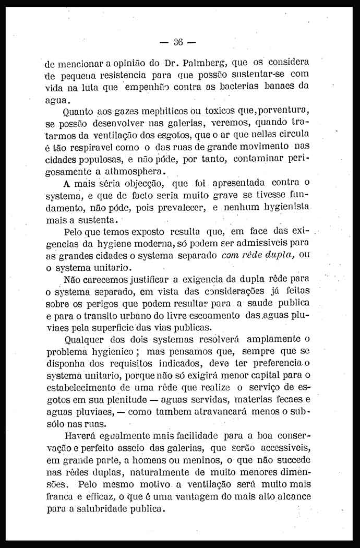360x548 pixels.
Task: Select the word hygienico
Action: tap(116, 351)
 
